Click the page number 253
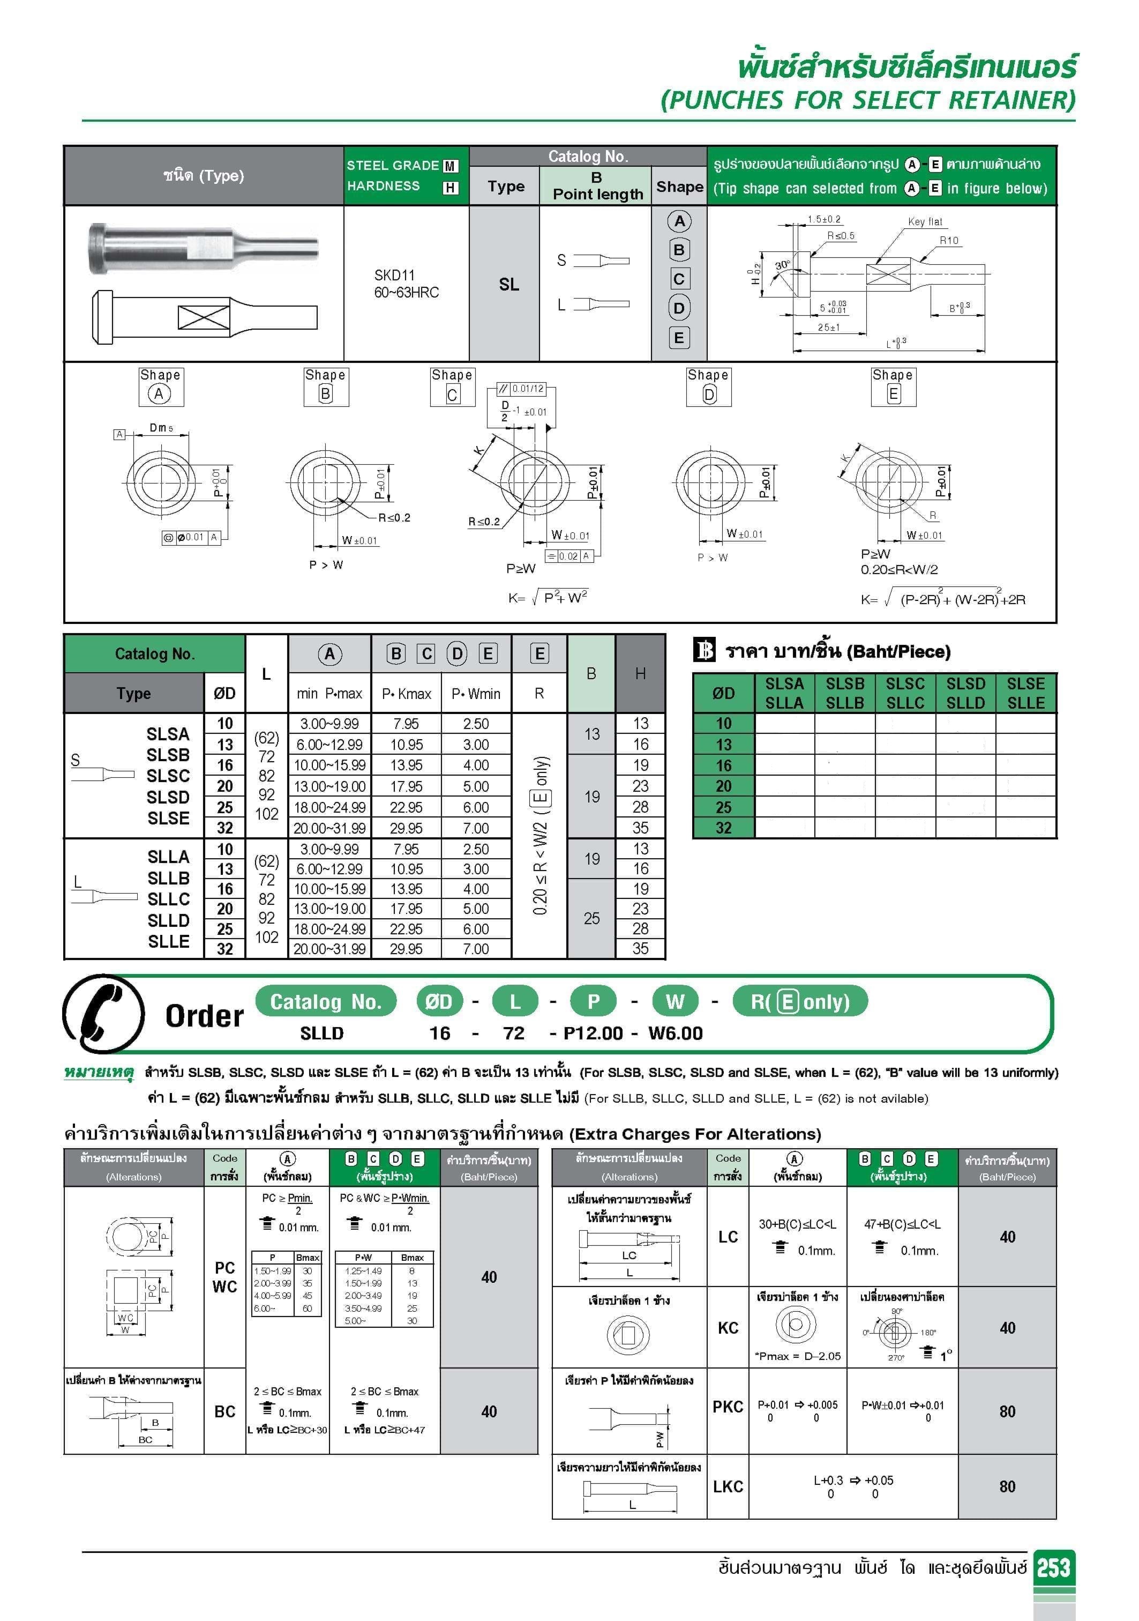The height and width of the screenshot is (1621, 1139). pos(1054,1568)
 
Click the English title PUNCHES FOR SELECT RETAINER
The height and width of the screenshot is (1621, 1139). pos(868,100)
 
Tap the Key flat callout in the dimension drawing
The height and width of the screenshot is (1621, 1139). pos(925,222)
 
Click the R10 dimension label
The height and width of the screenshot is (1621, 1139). pos(949,241)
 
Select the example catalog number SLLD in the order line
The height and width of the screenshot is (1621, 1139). pos(322,1033)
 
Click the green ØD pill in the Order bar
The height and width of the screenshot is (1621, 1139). pos(439,1001)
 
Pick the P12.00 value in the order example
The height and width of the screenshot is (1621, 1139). pos(593,1033)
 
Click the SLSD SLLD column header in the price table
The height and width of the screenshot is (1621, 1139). pos(965,693)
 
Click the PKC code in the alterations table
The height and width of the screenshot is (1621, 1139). pos(728,1407)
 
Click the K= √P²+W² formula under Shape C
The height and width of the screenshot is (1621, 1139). pos(548,598)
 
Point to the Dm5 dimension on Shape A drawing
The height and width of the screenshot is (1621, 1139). pos(161,428)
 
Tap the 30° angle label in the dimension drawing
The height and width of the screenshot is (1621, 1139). pos(782,265)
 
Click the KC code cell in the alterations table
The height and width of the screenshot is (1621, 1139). pos(728,1328)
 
